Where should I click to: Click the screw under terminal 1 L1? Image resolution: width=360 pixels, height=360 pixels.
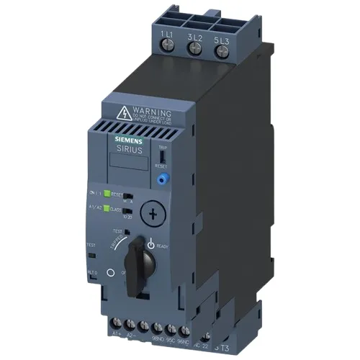167,48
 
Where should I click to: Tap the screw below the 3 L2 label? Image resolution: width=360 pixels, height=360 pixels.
194,48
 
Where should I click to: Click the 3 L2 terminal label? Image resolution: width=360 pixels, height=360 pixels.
193,35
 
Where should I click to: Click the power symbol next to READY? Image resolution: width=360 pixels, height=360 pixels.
151,245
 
